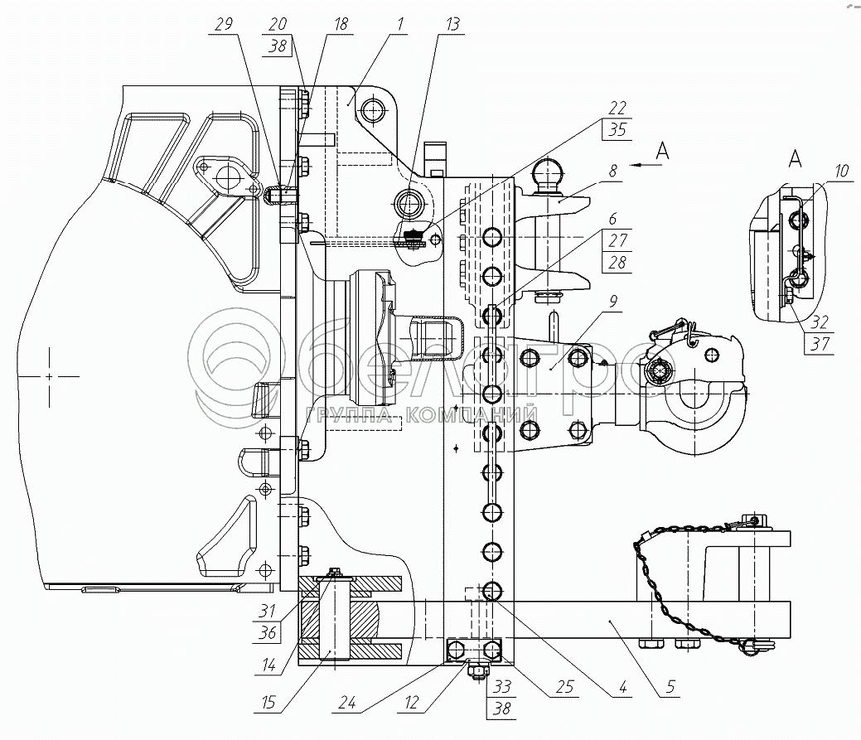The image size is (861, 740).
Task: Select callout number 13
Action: [451, 24]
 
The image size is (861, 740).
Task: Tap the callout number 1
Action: [399, 24]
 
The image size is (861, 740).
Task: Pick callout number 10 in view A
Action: [841, 172]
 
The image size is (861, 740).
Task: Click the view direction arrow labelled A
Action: [650, 165]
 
